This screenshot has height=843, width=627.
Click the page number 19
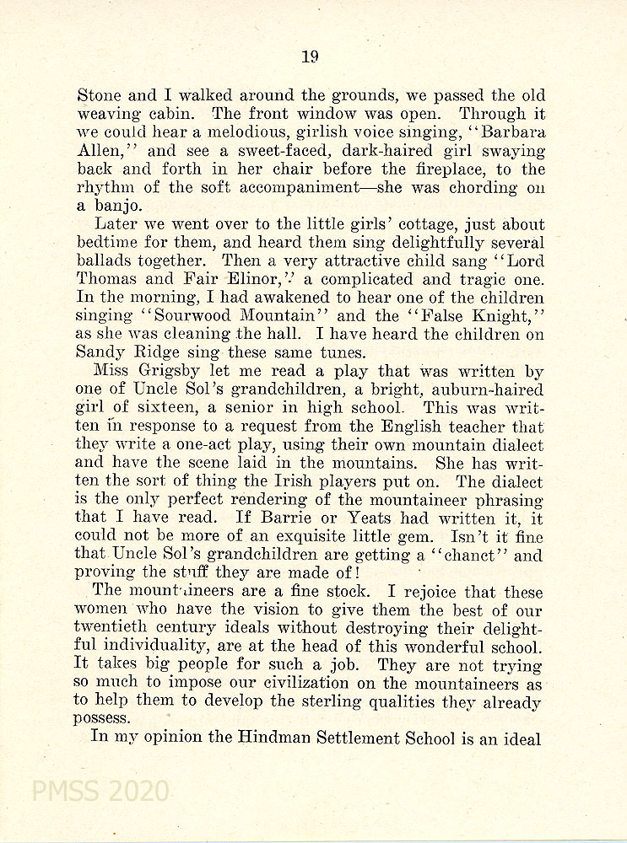[x=309, y=56]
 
